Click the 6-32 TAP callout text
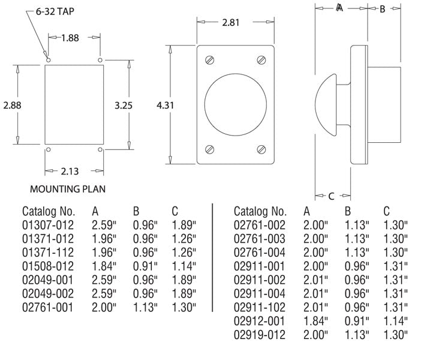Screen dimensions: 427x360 click(x=55, y=11)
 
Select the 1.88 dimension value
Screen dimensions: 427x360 click(x=70, y=38)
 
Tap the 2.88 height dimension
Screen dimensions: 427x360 click(x=12, y=105)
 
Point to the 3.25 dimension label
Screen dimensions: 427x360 click(x=124, y=105)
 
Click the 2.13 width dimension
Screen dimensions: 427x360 click(x=70, y=172)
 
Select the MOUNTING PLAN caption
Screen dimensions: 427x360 click(x=68, y=189)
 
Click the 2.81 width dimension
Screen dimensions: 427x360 click(x=231, y=22)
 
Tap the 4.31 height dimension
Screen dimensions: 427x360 click(x=166, y=105)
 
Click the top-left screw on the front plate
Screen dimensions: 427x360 click(x=209, y=60)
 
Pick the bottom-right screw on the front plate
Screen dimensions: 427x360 click(x=261, y=149)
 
